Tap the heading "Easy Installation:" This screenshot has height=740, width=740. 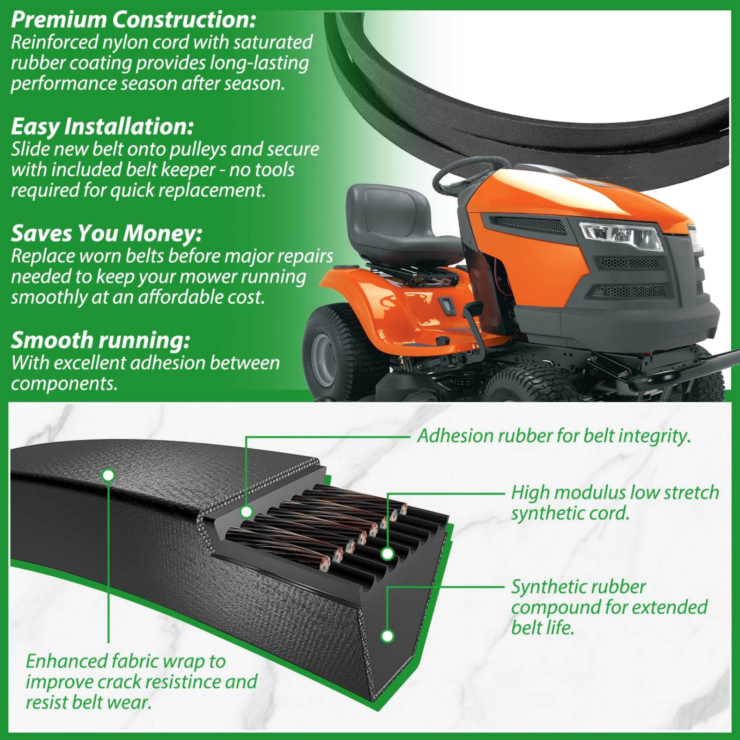[102, 126]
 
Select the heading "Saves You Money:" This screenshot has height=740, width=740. [107, 234]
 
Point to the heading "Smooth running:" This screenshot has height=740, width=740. [100, 341]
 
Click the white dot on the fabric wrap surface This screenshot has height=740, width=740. [108, 475]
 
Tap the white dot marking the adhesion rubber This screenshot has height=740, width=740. [247, 512]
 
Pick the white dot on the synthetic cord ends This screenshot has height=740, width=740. [388, 553]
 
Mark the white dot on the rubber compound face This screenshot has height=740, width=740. [388, 636]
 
